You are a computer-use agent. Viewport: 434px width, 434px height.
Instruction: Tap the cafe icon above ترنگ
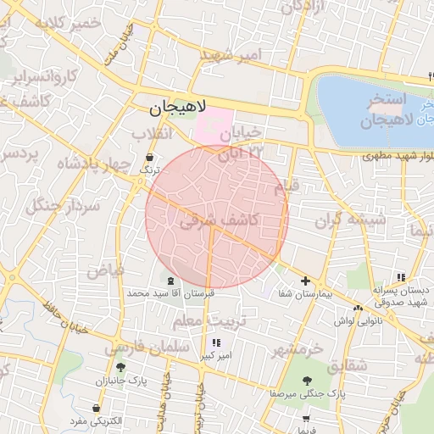[x=150, y=158]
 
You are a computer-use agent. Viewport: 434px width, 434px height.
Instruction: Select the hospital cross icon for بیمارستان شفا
[x=305, y=281]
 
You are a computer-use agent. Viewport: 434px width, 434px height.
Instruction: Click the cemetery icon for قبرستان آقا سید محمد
[x=171, y=281]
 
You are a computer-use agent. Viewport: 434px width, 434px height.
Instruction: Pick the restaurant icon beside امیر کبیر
[x=216, y=343]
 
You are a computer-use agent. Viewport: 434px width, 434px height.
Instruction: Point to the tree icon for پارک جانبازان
[x=120, y=368]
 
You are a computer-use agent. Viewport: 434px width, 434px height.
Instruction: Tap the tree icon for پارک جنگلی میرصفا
[x=306, y=381]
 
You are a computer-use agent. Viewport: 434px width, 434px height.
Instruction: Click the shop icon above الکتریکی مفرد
[x=96, y=409]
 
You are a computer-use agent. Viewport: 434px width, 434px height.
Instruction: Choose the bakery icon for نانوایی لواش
[x=359, y=309]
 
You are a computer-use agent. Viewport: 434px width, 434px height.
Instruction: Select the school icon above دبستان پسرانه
[x=400, y=277]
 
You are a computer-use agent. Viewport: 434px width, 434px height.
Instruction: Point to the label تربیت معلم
[x=201, y=322]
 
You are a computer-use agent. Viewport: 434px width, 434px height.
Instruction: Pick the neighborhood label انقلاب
[x=153, y=134]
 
